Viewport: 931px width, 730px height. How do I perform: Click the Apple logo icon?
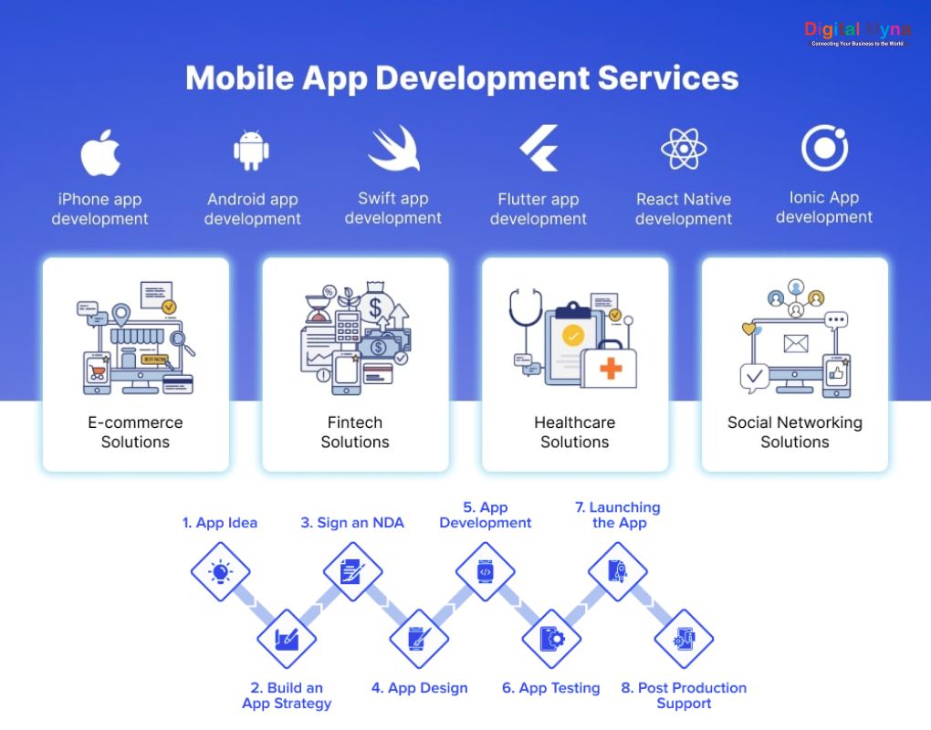(x=100, y=151)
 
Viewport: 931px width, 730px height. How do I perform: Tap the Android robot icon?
(x=251, y=151)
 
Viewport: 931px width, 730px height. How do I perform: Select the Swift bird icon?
(x=394, y=150)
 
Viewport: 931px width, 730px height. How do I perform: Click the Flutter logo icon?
(x=539, y=149)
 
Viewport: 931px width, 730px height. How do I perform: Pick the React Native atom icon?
(x=684, y=150)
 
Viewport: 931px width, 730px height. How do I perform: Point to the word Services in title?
(x=668, y=78)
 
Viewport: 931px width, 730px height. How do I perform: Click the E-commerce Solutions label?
(x=135, y=432)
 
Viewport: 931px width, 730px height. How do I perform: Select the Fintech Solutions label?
(x=355, y=432)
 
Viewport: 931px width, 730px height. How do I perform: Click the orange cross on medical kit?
(x=611, y=369)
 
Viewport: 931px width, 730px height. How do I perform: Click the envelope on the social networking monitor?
(x=795, y=344)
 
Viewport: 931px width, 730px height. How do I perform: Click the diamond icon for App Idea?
(x=220, y=572)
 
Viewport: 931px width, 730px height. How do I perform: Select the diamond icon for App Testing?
(x=551, y=639)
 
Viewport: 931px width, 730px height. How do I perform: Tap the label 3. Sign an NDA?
(x=352, y=523)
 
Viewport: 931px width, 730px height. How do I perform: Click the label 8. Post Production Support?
(x=684, y=695)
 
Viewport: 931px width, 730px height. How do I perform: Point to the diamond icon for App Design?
(x=419, y=639)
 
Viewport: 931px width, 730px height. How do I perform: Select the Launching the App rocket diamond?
(x=618, y=572)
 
